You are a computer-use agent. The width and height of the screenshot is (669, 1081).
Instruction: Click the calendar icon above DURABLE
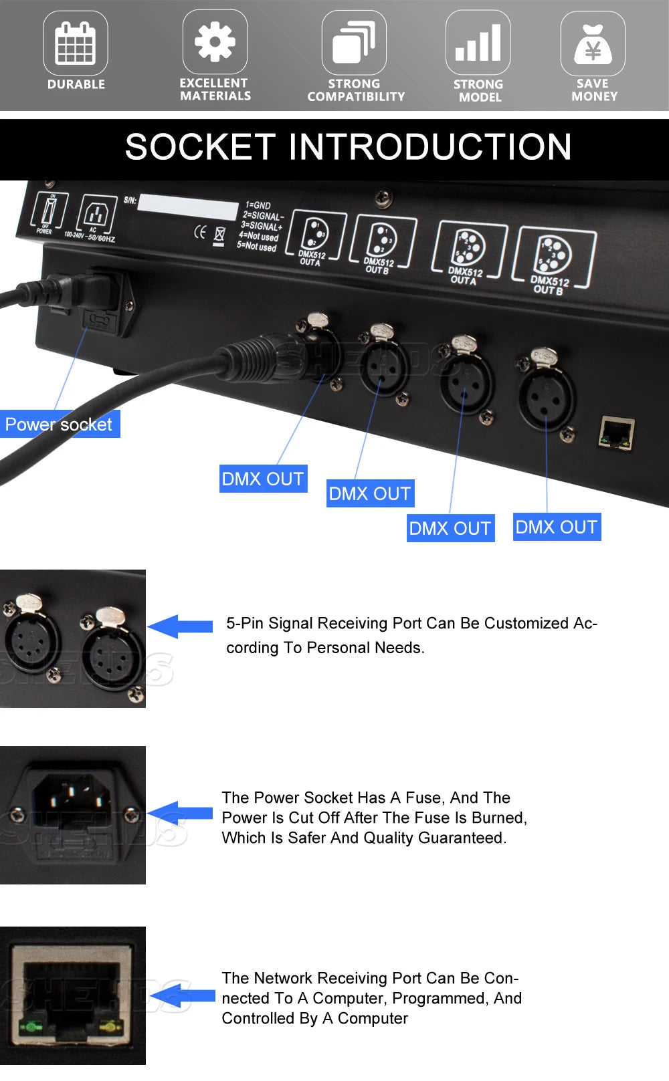[x=76, y=42]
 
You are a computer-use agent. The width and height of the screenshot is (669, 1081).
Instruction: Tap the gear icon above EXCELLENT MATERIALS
[x=215, y=41]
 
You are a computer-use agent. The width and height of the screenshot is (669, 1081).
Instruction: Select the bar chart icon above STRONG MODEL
[x=478, y=43]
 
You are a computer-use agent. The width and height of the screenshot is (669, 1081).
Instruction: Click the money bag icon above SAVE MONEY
[x=593, y=43]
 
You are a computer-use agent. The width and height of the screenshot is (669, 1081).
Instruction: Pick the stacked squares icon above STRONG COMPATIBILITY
[x=354, y=42]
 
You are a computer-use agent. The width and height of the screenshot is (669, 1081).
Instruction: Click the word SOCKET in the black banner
[x=200, y=148]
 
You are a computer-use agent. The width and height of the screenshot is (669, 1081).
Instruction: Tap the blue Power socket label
[x=59, y=425]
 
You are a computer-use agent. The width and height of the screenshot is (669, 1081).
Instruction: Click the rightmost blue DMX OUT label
[x=557, y=527]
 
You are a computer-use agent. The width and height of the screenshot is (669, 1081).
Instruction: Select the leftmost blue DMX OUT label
[x=263, y=479]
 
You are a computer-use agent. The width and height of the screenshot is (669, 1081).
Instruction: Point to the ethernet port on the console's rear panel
[x=616, y=433]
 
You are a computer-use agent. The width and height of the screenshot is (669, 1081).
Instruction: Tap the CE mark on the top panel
[x=199, y=233]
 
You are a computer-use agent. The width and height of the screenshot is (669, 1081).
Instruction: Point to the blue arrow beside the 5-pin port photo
[x=180, y=626]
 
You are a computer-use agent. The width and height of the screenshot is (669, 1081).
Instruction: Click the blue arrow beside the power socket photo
[x=180, y=812]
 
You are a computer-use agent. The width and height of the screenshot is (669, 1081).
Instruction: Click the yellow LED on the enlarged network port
[x=108, y=1025]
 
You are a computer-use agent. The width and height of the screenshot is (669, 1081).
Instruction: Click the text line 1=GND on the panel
[x=258, y=205]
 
